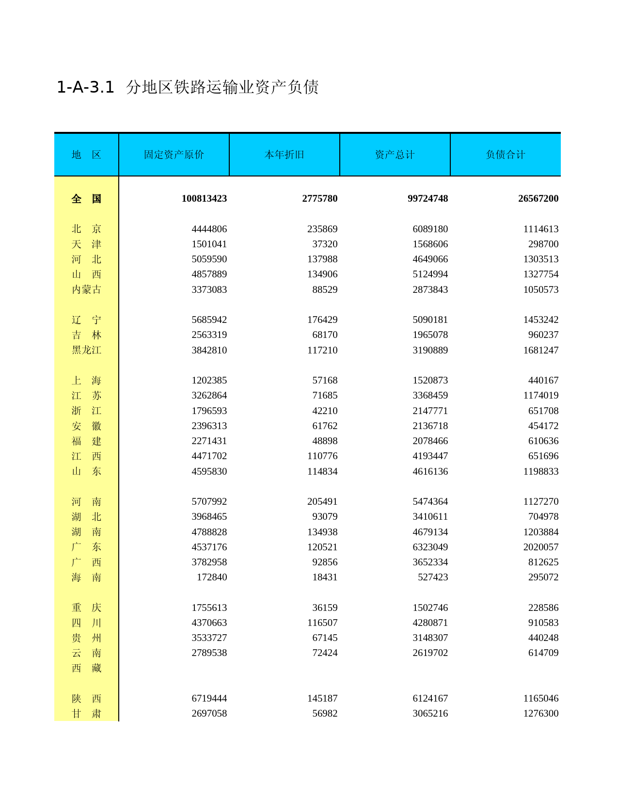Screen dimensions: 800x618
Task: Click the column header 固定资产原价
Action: [x=174, y=155]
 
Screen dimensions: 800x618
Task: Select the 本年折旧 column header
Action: [x=284, y=155]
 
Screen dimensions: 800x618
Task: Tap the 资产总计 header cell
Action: [x=395, y=155]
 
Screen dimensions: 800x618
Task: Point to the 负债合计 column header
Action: [x=505, y=155]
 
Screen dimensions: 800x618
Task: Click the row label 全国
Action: [x=86, y=199]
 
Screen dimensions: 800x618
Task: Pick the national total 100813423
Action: [x=204, y=199]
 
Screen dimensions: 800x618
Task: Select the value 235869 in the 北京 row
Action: [x=322, y=229]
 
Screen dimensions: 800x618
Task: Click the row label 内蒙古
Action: [x=86, y=289]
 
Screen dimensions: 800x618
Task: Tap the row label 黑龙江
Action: [x=86, y=350]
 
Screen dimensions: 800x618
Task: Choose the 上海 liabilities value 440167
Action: [x=543, y=381]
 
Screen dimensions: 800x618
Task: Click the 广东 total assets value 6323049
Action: [x=430, y=547]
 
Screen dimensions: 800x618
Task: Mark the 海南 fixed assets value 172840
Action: [x=211, y=577]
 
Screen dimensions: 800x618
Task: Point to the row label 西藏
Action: [x=86, y=668]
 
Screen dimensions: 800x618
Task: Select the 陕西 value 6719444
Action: [x=209, y=699]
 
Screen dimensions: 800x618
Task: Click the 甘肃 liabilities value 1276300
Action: [x=540, y=714]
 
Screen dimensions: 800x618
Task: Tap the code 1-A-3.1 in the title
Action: [x=85, y=87]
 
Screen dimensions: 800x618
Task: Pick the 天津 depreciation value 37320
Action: [x=325, y=244]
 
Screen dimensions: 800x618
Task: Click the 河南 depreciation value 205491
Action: [x=322, y=502]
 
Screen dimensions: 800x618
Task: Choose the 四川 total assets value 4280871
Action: [x=430, y=623]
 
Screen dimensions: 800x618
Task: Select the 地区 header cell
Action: [x=86, y=155]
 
